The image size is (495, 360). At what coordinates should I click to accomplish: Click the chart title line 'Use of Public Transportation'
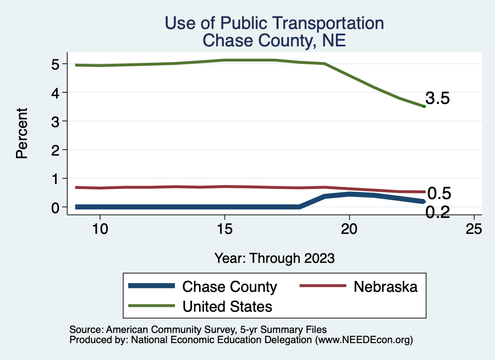pyautogui.click(x=274, y=23)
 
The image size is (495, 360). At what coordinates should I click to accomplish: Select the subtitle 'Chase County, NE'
pyautogui.click(x=274, y=40)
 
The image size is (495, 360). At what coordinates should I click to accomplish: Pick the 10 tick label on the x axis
pyautogui.click(x=100, y=229)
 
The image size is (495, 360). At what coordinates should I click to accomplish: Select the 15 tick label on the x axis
pyautogui.click(x=224, y=229)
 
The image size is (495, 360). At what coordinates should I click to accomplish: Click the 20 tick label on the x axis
pyautogui.click(x=349, y=229)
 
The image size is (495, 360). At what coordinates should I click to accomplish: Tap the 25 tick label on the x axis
pyautogui.click(x=474, y=229)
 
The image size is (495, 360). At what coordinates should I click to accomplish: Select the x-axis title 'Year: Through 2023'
pyautogui.click(x=274, y=258)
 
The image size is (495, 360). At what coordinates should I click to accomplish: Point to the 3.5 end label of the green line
pyautogui.click(x=437, y=99)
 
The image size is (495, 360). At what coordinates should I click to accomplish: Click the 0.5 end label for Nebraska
pyautogui.click(x=439, y=194)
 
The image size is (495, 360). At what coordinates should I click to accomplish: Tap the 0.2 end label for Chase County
pyautogui.click(x=437, y=212)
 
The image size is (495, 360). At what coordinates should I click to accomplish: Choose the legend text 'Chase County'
pyautogui.click(x=229, y=287)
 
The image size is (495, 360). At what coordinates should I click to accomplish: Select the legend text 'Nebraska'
pyautogui.click(x=385, y=287)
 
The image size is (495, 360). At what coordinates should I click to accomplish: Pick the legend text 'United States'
pyautogui.click(x=227, y=306)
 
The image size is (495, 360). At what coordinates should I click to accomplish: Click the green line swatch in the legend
pyautogui.click(x=151, y=306)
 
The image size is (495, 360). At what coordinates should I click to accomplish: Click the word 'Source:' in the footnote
pyautogui.click(x=85, y=330)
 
